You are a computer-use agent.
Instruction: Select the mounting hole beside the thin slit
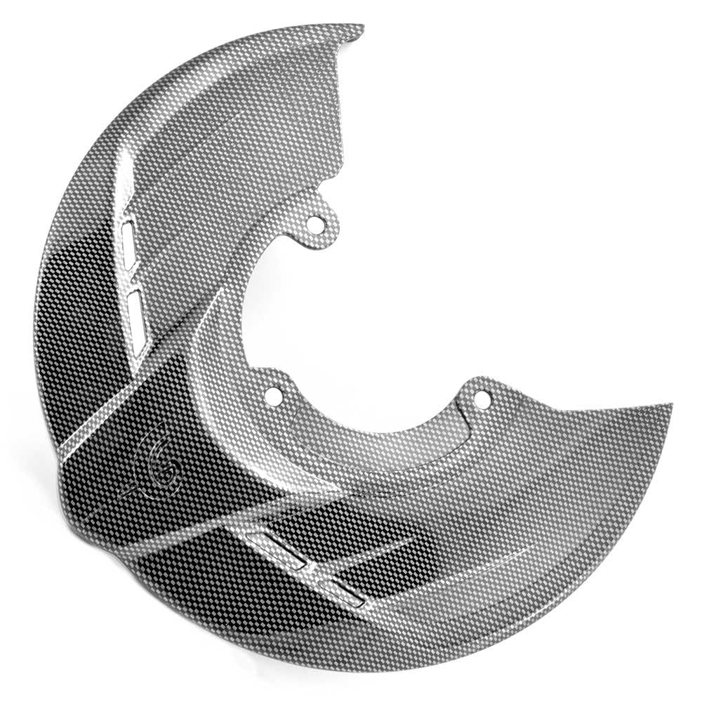[481, 399]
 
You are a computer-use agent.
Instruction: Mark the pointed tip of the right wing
[670, 405]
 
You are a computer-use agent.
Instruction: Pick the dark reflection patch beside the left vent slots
[84, 281]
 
